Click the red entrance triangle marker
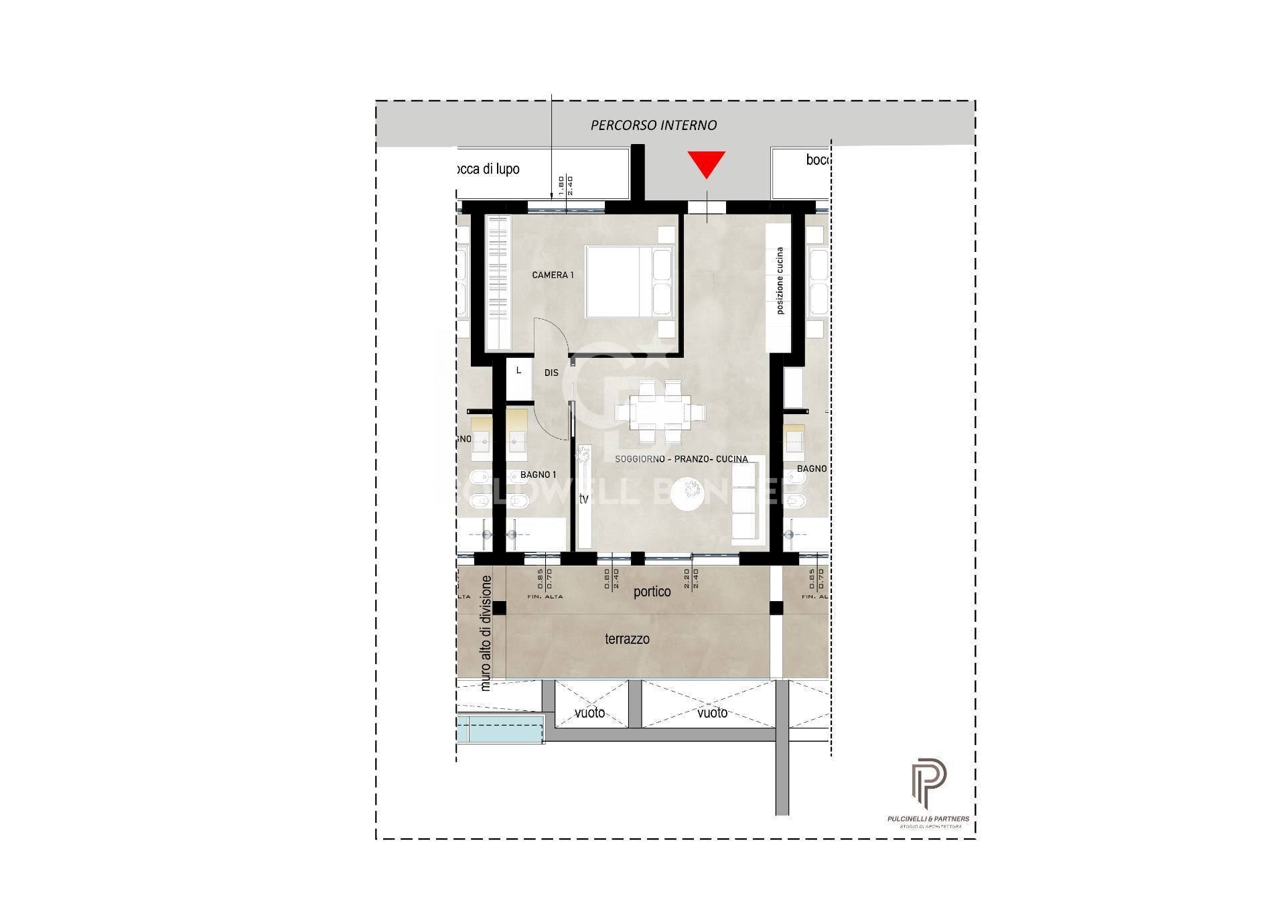[x=706, y=164]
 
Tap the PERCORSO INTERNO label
[x=653, y=125]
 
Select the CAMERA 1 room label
[x=553, y=275]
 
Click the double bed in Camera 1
[x=629, y=281]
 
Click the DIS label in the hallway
[x=551, y=373]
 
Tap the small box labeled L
[x=518, y=370]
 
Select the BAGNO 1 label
[x=538, y=474]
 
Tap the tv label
[x=583, y=499]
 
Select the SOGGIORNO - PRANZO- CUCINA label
[x=681, y=459]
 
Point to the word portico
[x=652, y=592]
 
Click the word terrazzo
[x=627, y=639]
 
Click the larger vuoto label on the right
[x=712, y=713]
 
